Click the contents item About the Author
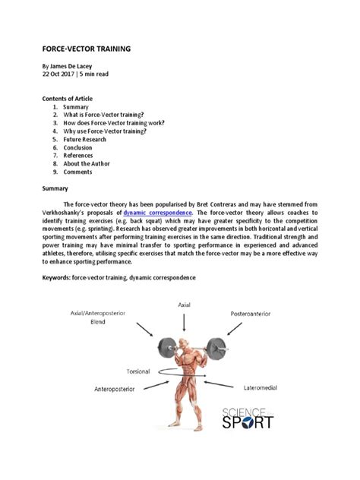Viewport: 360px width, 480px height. click(x=87, y=163)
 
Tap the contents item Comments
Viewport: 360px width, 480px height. click(x=78, y=172)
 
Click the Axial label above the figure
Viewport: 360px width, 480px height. click(x=184, y=304)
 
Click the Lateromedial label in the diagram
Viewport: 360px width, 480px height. click(x=261, y=388)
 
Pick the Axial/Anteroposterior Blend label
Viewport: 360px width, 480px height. click(x=97, y=317)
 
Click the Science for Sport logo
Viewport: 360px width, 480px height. click(x=246, y=417)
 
